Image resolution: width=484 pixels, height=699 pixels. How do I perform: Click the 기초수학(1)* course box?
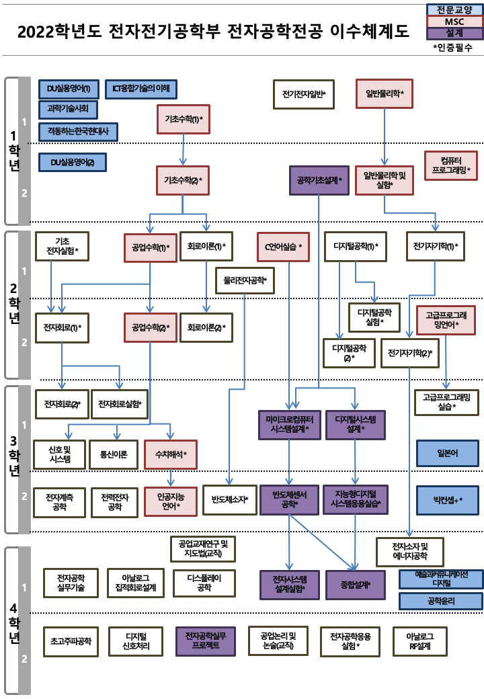[184, 119]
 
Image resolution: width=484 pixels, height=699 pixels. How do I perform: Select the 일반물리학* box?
[384, 93]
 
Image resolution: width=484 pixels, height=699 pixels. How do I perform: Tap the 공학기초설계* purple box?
[319, 180]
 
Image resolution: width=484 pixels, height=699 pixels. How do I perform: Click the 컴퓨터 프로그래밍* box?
[451, 165]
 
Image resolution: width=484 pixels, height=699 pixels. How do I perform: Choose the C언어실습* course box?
[283, 247]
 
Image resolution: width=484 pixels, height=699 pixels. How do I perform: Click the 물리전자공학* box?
[245, 280]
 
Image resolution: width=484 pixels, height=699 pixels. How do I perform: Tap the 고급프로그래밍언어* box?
[447, 320]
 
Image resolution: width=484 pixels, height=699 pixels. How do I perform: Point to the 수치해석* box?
[171, 455]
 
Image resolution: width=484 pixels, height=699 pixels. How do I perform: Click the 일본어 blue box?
[447, 454]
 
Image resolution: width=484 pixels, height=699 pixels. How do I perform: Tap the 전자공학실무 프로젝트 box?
[206, 641]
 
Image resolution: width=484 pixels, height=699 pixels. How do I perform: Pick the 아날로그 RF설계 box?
[421, 641]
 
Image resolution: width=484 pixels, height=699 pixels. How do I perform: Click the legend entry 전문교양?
[454, 10]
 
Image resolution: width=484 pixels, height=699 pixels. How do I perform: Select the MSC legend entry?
[454, 22]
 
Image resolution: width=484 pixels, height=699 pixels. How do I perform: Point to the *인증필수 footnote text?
[453, 48]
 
